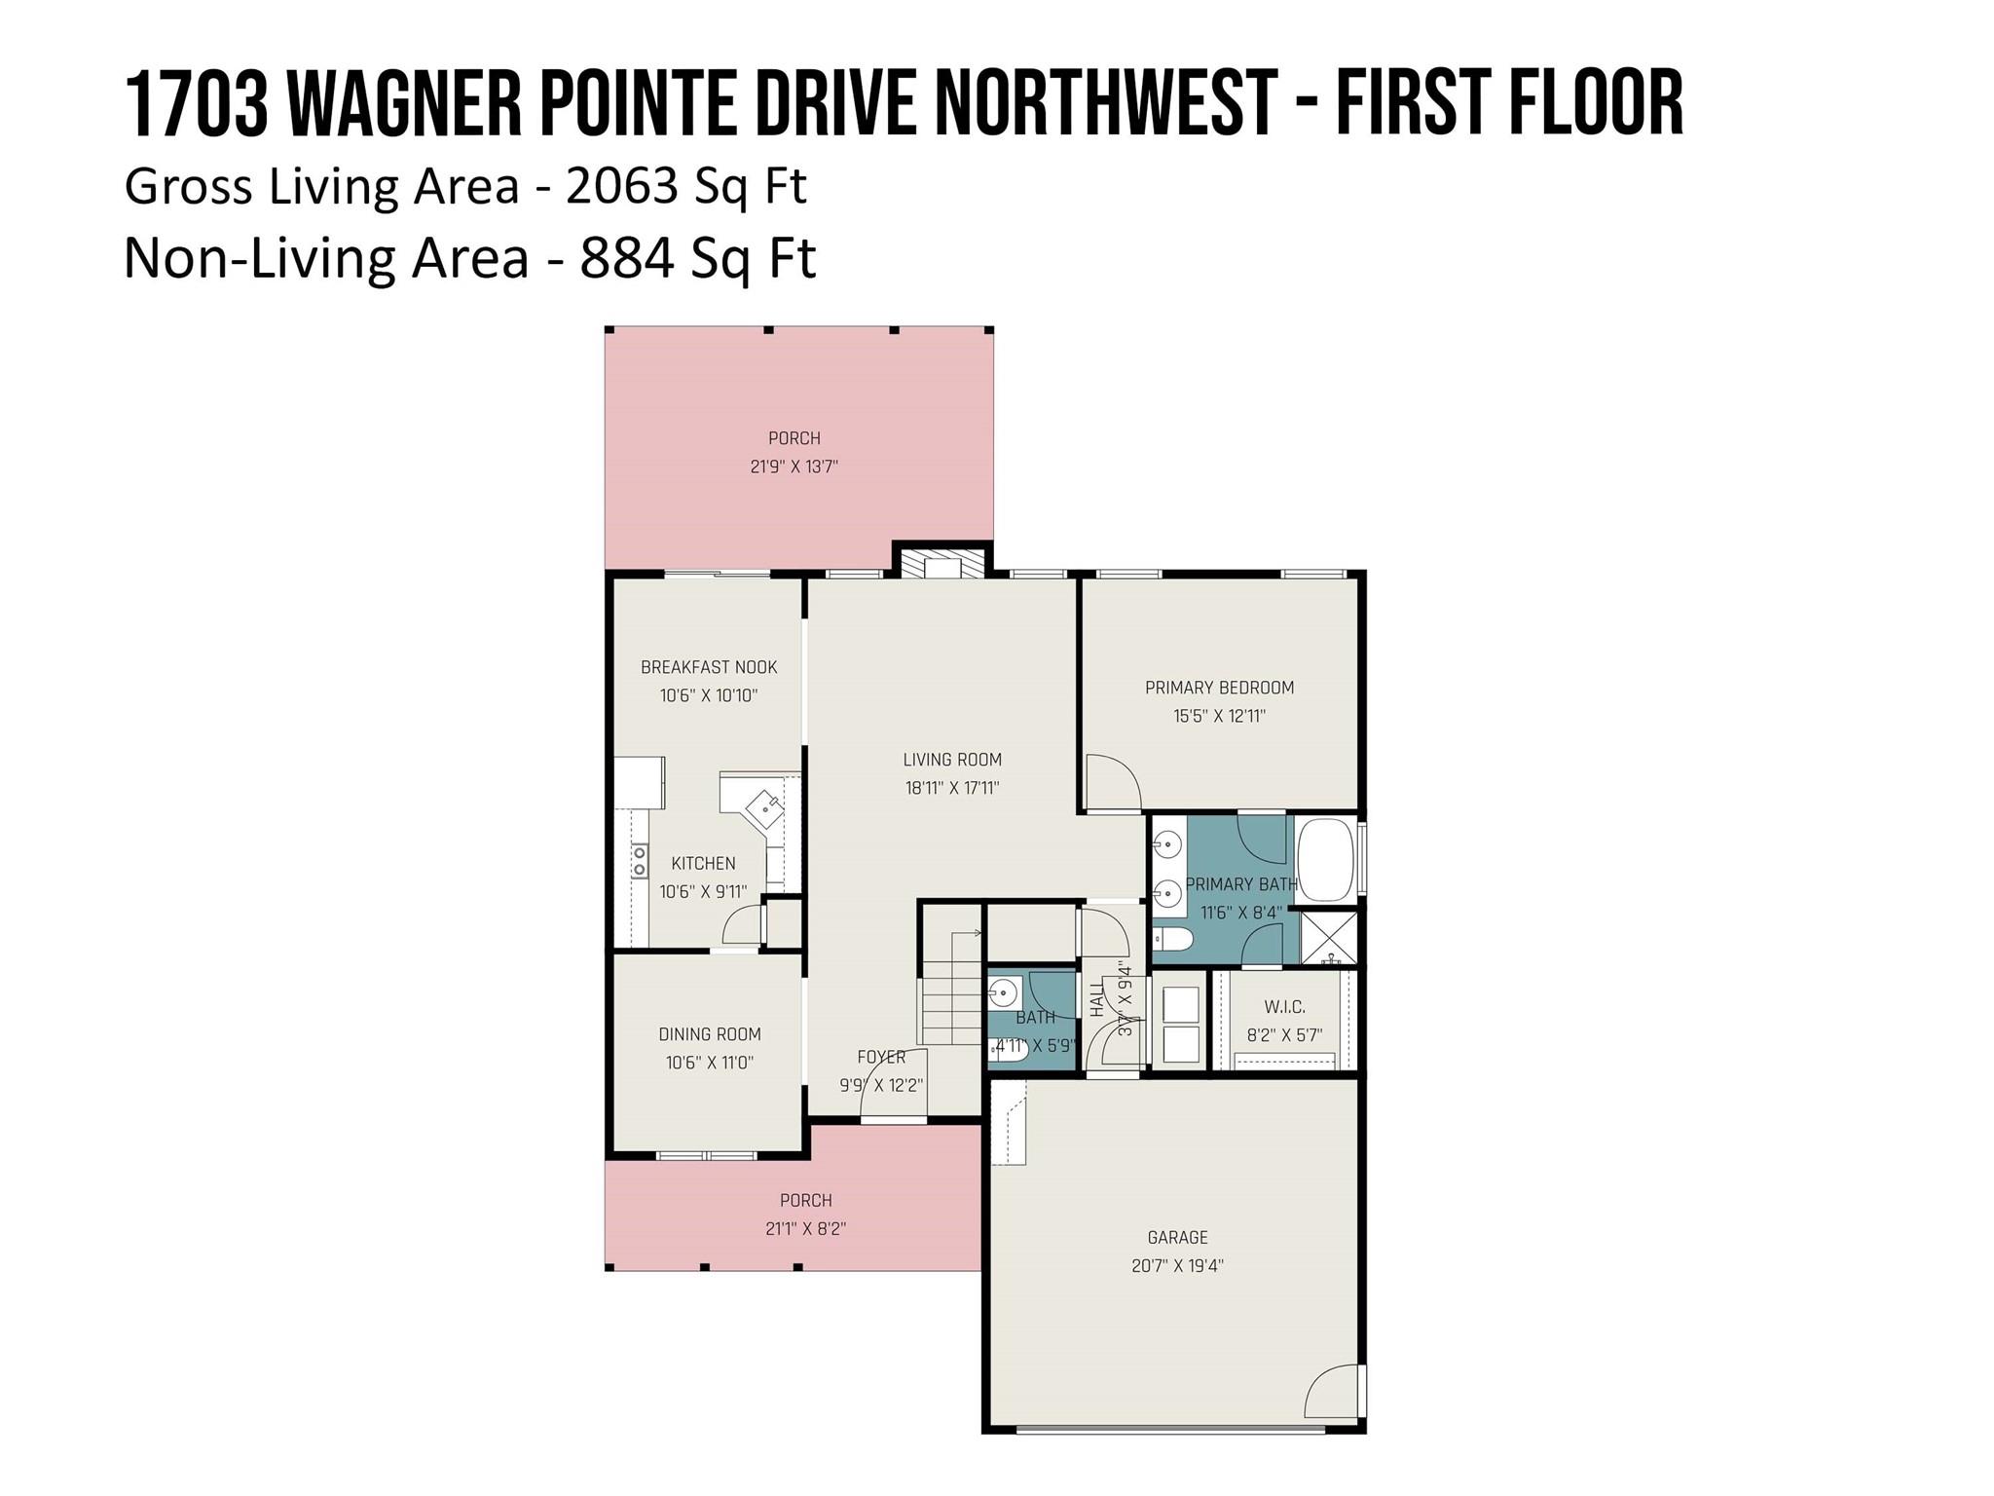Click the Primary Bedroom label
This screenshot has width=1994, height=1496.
[x=1219, y=688]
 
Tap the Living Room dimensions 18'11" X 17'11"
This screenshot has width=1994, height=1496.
[x=952, y=788]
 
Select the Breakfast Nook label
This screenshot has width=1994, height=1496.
[x=709, y=667]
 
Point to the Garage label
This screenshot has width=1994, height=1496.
[x=1177, y=1238]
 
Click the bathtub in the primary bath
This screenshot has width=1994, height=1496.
[x=1326, y=859]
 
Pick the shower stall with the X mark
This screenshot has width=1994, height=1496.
[x=1329, y=937]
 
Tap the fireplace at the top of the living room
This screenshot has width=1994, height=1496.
[x=942, y=564]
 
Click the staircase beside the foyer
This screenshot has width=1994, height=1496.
[x=951, y=988]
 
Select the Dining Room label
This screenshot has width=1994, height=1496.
[x=710, y=1034]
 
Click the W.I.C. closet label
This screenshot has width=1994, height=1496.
[x=1284, y=1007]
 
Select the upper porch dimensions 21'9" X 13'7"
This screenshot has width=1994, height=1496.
[x=794, y=467]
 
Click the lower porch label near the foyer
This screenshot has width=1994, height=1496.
[x=806, y=1201]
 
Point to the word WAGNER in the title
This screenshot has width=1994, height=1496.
[x=405, y=103]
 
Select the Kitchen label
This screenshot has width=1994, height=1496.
[x=703, y=863]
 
